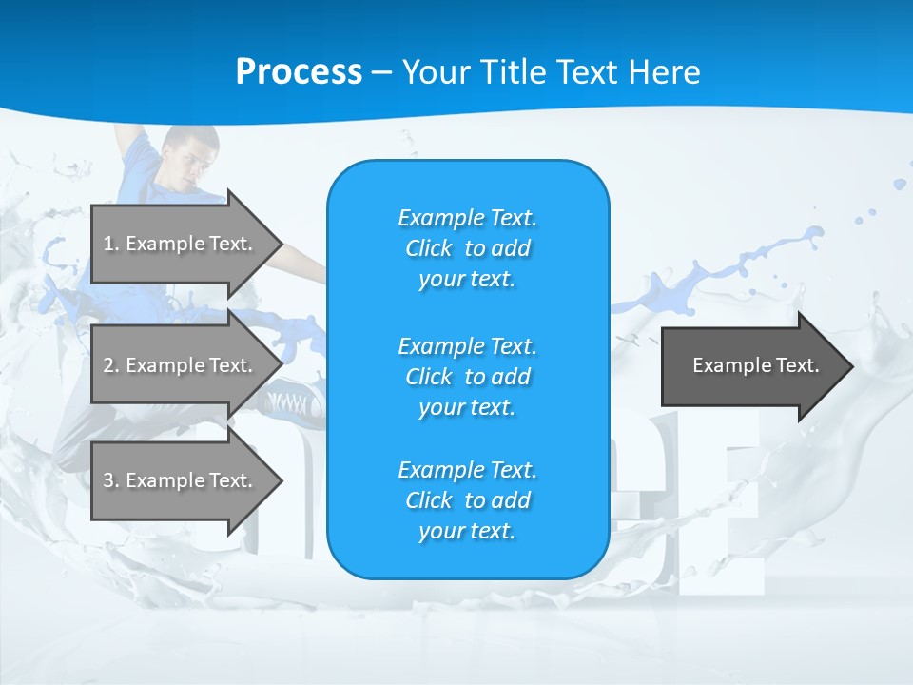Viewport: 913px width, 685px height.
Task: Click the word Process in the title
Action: point(299,71)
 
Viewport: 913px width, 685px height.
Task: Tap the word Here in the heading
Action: point(663,71)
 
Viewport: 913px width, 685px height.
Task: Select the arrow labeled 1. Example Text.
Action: point(181,244)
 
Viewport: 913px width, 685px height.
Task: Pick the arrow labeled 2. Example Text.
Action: point(181,365)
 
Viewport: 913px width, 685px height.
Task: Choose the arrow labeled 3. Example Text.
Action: point(181,480)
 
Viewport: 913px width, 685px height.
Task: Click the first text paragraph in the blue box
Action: point(467,248)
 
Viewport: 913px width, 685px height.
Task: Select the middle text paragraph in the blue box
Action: point(467,377)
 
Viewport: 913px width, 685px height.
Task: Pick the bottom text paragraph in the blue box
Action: point(467,500)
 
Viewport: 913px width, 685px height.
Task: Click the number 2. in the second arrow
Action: point(111,365)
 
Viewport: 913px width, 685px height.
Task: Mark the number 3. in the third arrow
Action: point(111,480)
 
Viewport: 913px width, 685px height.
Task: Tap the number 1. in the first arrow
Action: point(111,244)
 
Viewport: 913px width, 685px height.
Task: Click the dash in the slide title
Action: point(382,72)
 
